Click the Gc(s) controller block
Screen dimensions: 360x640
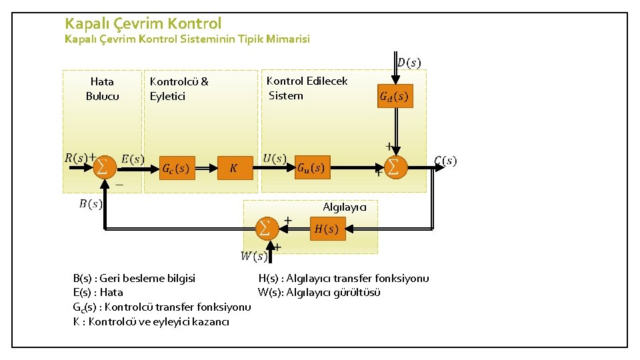pos(175,169)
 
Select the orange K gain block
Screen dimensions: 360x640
pos(235,169)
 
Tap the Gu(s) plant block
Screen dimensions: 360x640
pos(311,167)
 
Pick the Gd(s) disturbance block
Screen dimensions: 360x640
pos(395,97)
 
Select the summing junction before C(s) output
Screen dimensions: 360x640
pos(394,166)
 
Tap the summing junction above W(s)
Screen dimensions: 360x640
pos(266,229)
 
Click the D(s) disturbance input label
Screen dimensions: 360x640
pos(409,63)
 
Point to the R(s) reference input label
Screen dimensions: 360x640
pos(77,158)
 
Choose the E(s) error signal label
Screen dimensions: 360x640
pos(133,159)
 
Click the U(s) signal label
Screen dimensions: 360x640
pos(275,159)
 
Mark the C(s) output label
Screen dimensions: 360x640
pos(445,161)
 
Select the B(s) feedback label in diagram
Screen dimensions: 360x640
pos(91,204)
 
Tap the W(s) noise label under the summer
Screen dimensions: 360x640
pos(253,255)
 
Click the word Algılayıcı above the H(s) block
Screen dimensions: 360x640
pos(345,207)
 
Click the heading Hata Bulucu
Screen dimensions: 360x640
pos(102,89)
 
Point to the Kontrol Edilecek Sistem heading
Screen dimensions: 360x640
pos(306,88)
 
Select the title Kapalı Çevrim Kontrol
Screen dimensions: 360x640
pos(143,23)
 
